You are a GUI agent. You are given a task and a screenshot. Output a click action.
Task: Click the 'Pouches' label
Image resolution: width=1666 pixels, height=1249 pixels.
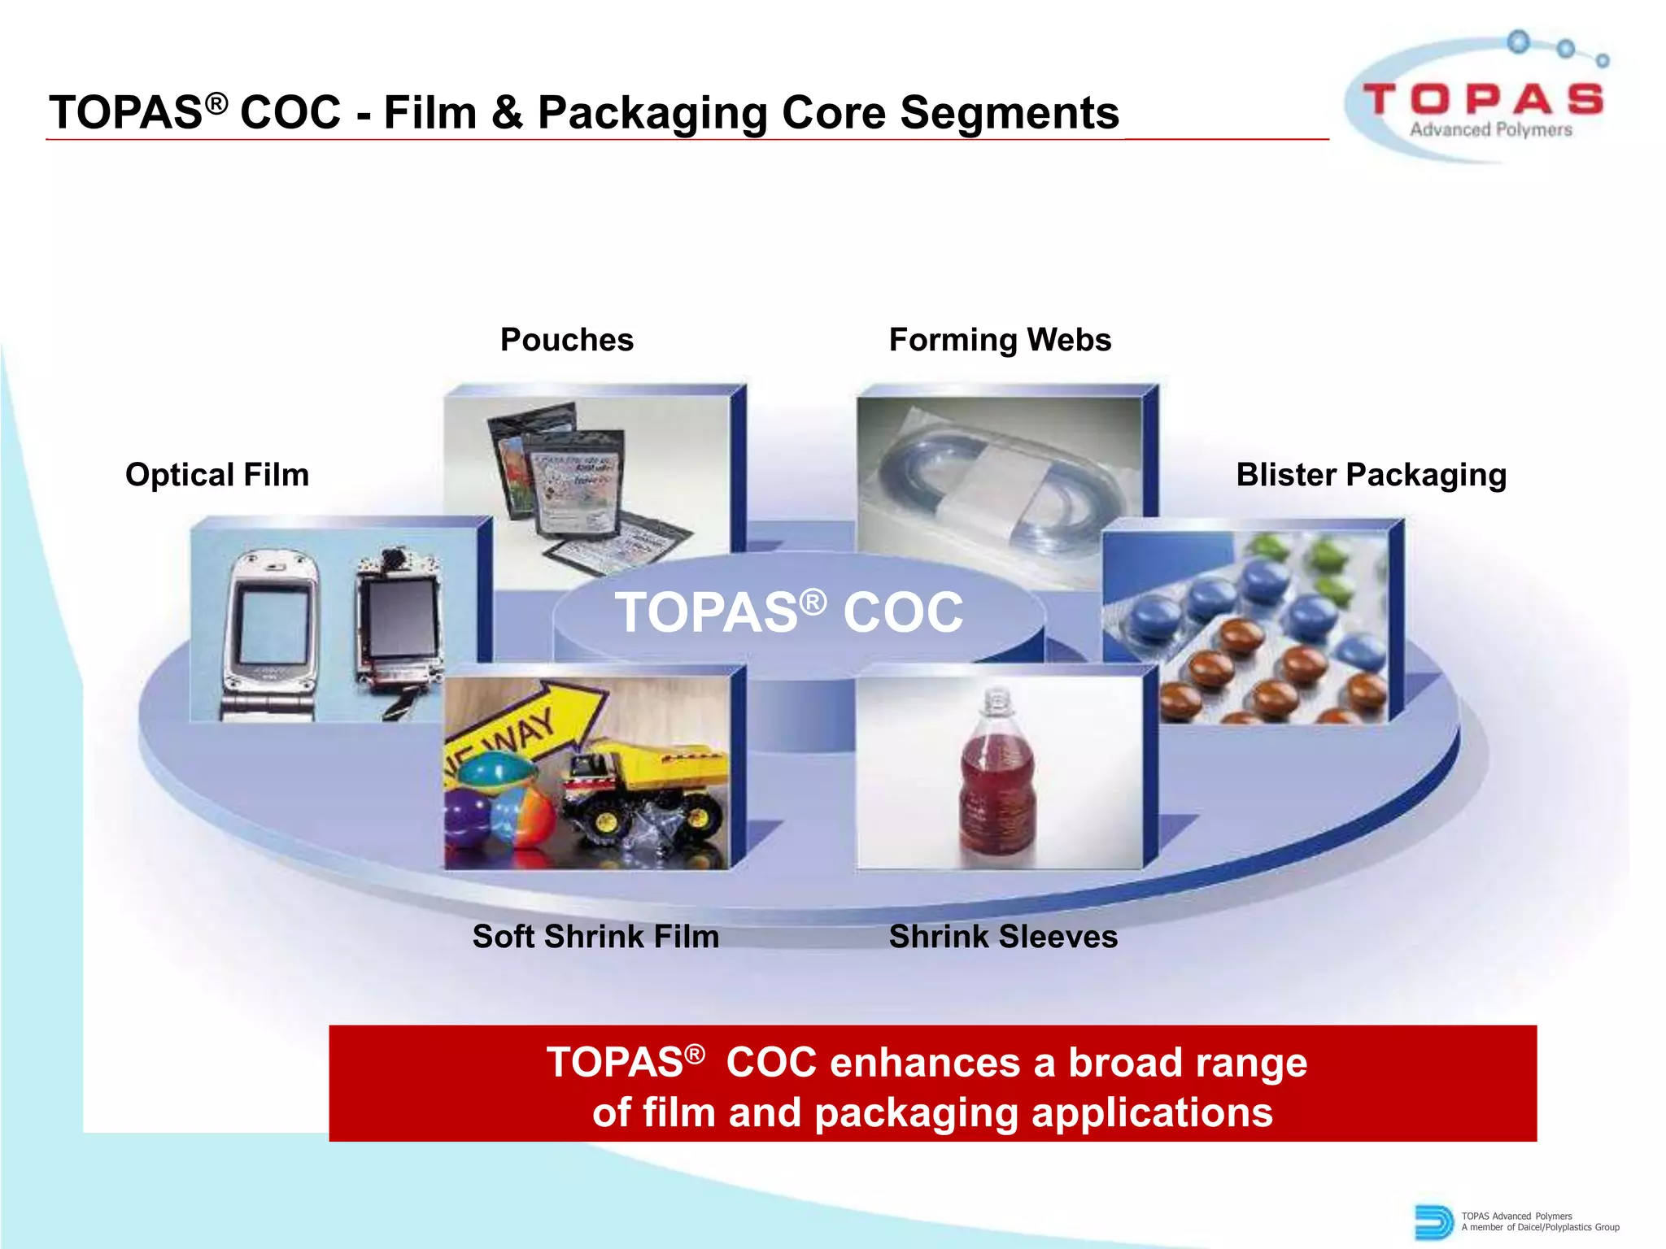[566, 340]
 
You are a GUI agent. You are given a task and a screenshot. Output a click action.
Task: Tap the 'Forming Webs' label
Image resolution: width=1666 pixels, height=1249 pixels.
[1000, 340]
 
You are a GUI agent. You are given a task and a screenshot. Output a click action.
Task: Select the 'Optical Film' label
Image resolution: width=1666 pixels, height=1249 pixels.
[217, 475]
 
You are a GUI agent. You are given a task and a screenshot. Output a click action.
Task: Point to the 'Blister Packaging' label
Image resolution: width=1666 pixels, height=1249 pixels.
[1371, 475]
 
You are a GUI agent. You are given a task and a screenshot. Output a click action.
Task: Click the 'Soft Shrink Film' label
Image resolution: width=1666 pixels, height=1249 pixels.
[595, 937]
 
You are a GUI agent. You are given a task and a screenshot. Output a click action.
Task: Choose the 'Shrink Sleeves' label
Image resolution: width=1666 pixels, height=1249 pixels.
[1003, 937]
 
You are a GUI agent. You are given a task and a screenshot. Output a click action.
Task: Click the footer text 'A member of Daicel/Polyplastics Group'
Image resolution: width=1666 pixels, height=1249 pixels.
[1540, 1228]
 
